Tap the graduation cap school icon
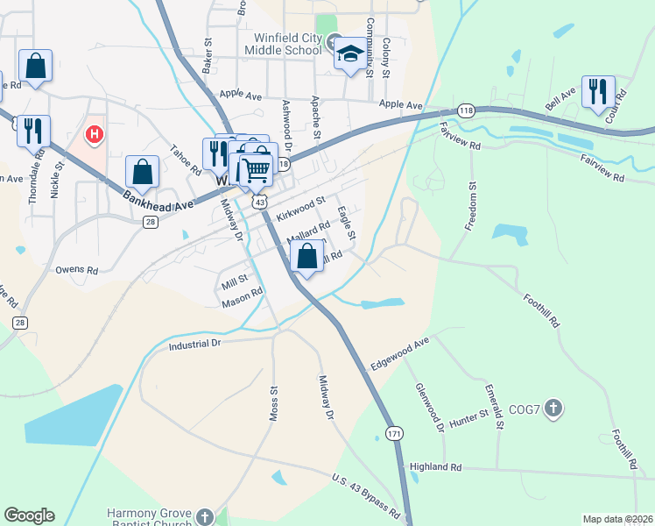click(350, 55)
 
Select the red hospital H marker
click(94, 135)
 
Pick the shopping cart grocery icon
click(256, 166)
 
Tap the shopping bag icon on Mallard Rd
click(306, 258)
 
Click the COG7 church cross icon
click(553, 408)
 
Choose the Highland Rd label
click(435, 467)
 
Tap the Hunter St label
click(470, 418)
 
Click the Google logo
click(29, 515)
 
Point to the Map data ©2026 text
click(616, 519)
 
